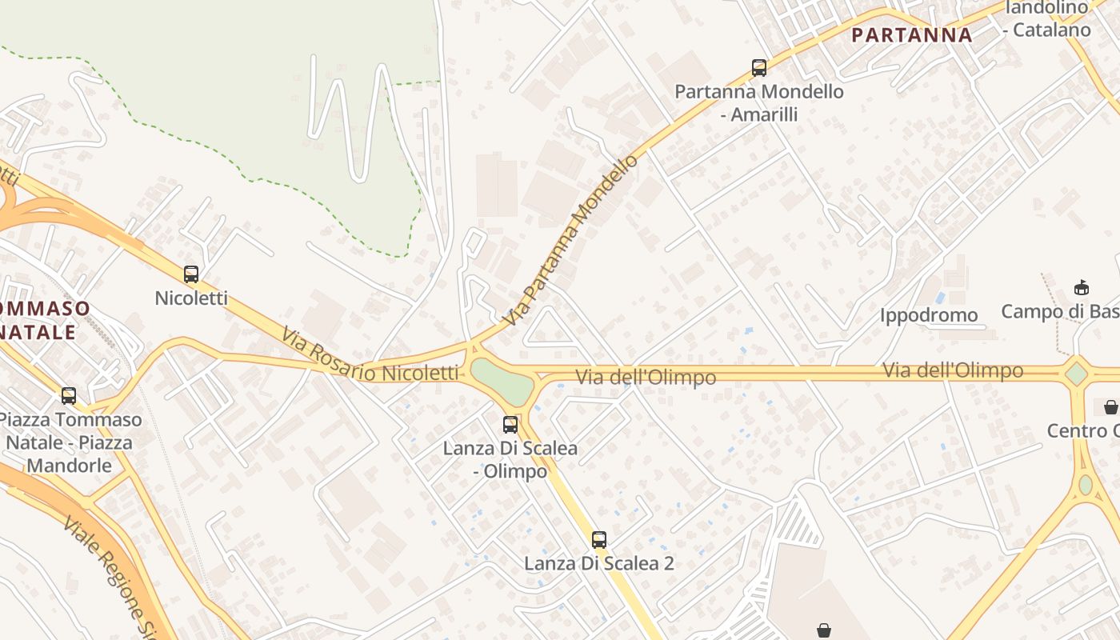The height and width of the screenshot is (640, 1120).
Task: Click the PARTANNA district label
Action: (x=911, y=35)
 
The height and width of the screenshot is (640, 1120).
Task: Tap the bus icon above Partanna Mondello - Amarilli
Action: (x=758, y=68)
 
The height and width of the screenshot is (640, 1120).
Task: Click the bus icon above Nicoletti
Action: (x=190, y=274)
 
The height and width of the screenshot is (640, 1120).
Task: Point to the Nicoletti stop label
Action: (x=191, y=298)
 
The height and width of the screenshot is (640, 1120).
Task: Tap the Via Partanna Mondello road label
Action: (x=572, y=240)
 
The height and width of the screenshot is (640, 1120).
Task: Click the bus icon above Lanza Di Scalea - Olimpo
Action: (x=510, y=425)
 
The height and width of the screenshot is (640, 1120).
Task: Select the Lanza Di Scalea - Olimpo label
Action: (x=510, y=459)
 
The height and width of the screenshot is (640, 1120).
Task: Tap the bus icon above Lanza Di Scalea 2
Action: (x=598, y=540)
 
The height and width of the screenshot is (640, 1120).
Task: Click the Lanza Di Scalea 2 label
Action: (x=598, y=563)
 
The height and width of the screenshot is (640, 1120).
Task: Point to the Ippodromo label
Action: (x=929, y=315)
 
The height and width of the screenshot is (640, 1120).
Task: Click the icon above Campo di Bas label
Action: (x=1081, y=287)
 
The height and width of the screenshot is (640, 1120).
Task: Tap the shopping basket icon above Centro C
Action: (x=1110, y=408)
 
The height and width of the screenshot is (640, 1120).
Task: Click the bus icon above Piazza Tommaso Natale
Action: (x=69, y=395)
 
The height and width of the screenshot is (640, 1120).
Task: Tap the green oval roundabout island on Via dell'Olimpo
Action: (x=502, y=380)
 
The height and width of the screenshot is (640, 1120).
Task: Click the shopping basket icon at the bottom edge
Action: (x=824, y=630)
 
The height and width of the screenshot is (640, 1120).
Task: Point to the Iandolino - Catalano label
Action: (x=1046, y=19)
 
